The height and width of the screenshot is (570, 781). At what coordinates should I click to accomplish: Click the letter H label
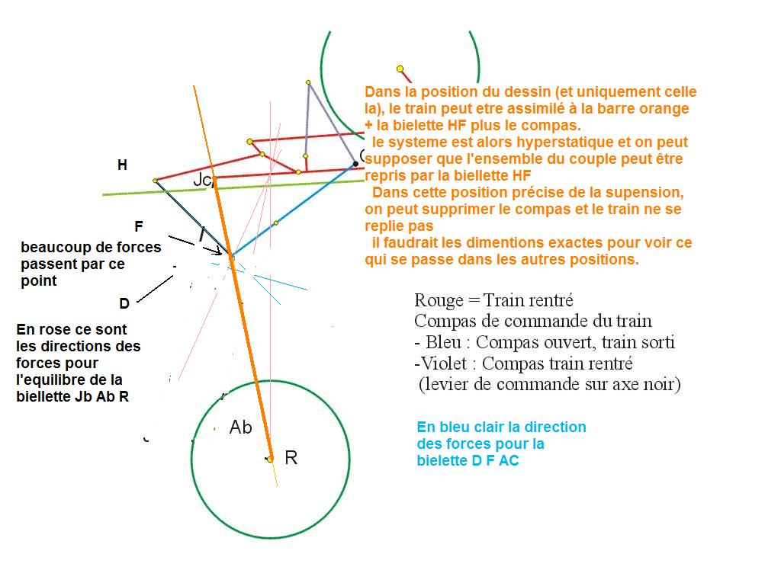point(122,165)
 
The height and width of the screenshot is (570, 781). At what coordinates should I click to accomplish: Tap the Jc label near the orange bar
point(201,181)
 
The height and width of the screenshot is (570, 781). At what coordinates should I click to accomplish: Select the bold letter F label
point(138,227)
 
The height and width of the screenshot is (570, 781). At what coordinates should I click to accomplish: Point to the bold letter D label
point(124,303)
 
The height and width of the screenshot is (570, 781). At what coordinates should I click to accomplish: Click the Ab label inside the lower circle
point(240,427)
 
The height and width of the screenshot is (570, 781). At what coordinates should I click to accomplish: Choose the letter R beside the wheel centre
point(291,458)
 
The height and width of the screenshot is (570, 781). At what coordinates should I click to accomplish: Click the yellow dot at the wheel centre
point(270,459)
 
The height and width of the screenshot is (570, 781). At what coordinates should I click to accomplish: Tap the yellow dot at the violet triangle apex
point(308,82)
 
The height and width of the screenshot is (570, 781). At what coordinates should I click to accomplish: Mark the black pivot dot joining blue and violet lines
point(355,163)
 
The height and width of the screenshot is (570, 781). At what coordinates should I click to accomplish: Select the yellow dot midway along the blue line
point(276,223)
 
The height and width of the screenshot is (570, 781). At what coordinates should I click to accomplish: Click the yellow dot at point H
point(155,181)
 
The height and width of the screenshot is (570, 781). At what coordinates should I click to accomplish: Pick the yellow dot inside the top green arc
point(400,69)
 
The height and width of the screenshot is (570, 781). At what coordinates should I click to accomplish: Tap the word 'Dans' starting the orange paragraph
point(381,92)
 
